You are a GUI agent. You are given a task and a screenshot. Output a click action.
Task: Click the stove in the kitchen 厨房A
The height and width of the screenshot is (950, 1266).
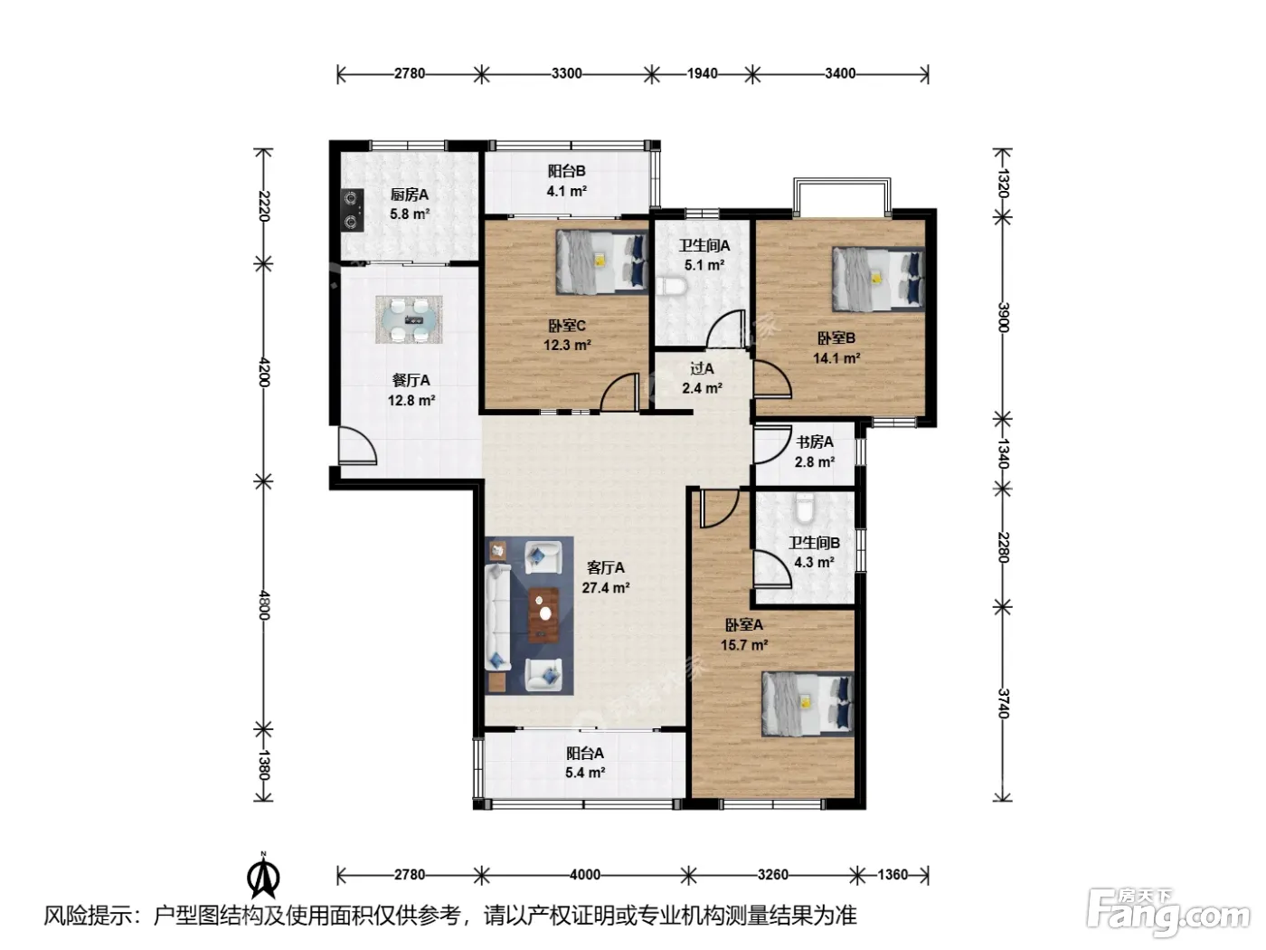click(x=352, y=211)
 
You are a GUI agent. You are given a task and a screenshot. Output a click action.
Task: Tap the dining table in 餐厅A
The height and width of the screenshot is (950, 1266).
click(x=409, y=319)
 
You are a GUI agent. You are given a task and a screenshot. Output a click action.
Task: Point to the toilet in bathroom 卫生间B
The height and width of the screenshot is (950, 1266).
click(x=803, y=508)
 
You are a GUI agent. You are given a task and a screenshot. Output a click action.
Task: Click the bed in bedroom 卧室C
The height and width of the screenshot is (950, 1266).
click(x=601, y=261)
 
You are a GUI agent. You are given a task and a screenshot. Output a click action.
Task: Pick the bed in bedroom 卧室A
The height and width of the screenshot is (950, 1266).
click(x=808, y=704)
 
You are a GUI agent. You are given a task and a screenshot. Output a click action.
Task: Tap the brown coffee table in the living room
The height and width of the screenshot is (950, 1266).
click(x=543, y=615)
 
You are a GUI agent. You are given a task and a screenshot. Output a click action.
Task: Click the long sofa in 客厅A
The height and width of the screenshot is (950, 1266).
click(x=497, y=617)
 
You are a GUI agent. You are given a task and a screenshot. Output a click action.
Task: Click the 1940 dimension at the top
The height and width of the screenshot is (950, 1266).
click(x=702, y=74)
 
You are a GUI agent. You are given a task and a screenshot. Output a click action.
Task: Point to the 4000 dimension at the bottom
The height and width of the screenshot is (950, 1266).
click(x=585, y=875)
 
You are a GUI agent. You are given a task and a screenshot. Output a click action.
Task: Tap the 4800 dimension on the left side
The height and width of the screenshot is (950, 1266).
click(x=263, y=605)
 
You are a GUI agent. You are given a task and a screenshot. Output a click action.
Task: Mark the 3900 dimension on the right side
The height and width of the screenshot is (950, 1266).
click(x=1003, y=318)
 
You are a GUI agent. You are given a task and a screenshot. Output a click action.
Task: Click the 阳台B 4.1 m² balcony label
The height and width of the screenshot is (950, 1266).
click(x=566, y=181)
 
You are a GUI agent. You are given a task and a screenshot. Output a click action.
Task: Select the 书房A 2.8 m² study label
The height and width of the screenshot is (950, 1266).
click(x=815, y=451)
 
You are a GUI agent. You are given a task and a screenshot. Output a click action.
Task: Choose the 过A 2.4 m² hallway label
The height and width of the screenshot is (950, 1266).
click(x=702, y=378)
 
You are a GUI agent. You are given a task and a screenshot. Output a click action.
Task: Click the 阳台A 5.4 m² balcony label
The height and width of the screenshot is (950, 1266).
click(x=585, y=763)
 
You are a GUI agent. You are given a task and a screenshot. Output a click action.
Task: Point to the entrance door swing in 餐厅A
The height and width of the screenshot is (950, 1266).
click(x=357, y=445)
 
